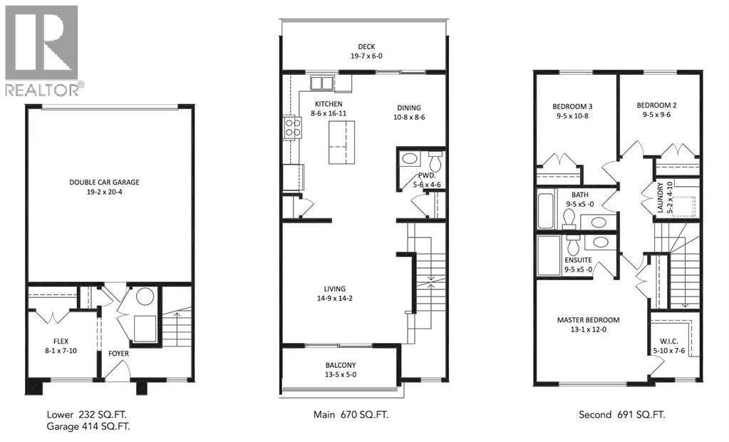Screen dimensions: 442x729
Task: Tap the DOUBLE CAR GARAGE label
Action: tap(104, 182)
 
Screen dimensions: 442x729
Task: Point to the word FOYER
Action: tap(118, 351)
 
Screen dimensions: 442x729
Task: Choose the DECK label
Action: tap(367, 48)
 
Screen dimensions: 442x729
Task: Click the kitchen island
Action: tap(340, 142)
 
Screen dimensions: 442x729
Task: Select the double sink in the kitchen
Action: tap(321, 83)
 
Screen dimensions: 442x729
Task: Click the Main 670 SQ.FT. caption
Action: tap(351, 414)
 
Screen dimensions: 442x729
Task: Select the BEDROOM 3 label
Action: tap(572, 106)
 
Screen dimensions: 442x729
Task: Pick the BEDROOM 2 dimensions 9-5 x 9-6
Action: tap(656, 114)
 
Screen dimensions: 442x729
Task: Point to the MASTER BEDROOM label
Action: tap(588, 320)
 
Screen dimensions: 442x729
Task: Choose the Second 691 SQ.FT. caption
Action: tap(625, 414)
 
